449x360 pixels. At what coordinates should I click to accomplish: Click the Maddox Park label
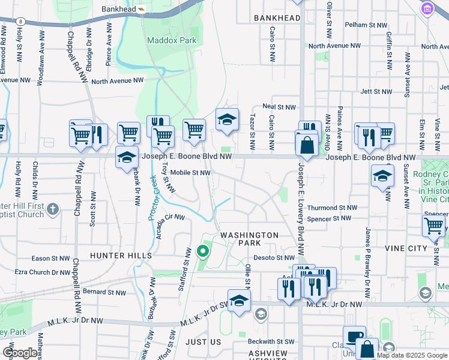tap(171, 40)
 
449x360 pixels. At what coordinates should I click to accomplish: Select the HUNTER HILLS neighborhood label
tap(121, 256)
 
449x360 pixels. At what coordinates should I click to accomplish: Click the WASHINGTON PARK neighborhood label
tap(249, 239)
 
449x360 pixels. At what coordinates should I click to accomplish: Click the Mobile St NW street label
tap(190, 173)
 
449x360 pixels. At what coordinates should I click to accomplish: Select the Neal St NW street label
tap(279, 107)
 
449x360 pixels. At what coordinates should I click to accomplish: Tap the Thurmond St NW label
tap(332, 208)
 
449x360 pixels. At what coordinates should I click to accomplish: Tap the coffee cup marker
tap(354, 337)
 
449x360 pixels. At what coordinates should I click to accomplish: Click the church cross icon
tap(53, 209)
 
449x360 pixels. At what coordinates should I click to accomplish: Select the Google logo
tap(19, 353)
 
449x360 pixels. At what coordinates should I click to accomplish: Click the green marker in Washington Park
tap(203, 251)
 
